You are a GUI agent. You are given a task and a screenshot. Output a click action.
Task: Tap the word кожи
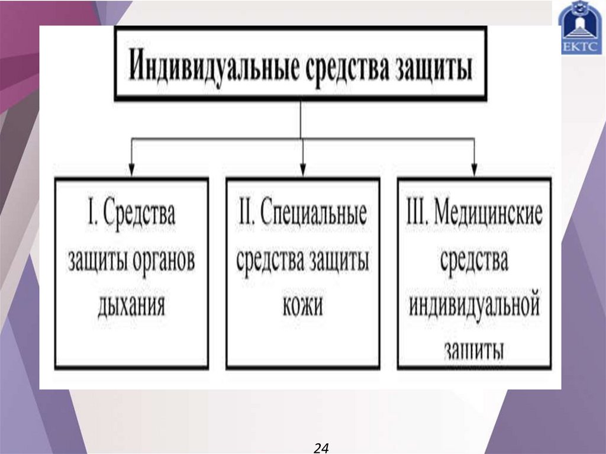pyautogui.click(x=303, y=307)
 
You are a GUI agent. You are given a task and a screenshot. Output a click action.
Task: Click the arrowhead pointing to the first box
pyautogui.click(x=131, y=170)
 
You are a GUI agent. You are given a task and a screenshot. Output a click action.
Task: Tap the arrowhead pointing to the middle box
pyautogui.click(x=303, y=170)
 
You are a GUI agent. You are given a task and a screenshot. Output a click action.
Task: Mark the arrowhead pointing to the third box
pyautogui.click(x=474, y=170)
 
